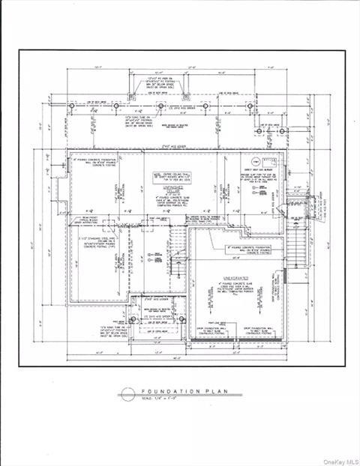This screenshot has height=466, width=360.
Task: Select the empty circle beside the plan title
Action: coord(127,393)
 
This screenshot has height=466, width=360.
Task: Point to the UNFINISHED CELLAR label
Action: coord(173,190)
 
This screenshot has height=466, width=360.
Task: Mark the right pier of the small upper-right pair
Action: coord(281,131)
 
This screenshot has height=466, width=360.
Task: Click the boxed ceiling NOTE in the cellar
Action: coord(173,174)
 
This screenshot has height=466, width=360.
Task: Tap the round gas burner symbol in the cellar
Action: coord(255,162)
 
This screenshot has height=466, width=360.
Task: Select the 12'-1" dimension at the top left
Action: coord(98,66)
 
